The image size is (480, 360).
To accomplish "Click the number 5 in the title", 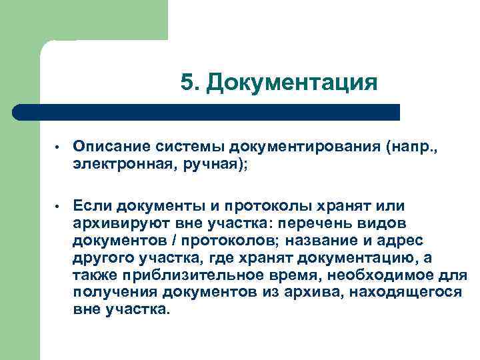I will coord(187,83).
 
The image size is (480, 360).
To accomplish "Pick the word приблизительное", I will coord(181,275).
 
